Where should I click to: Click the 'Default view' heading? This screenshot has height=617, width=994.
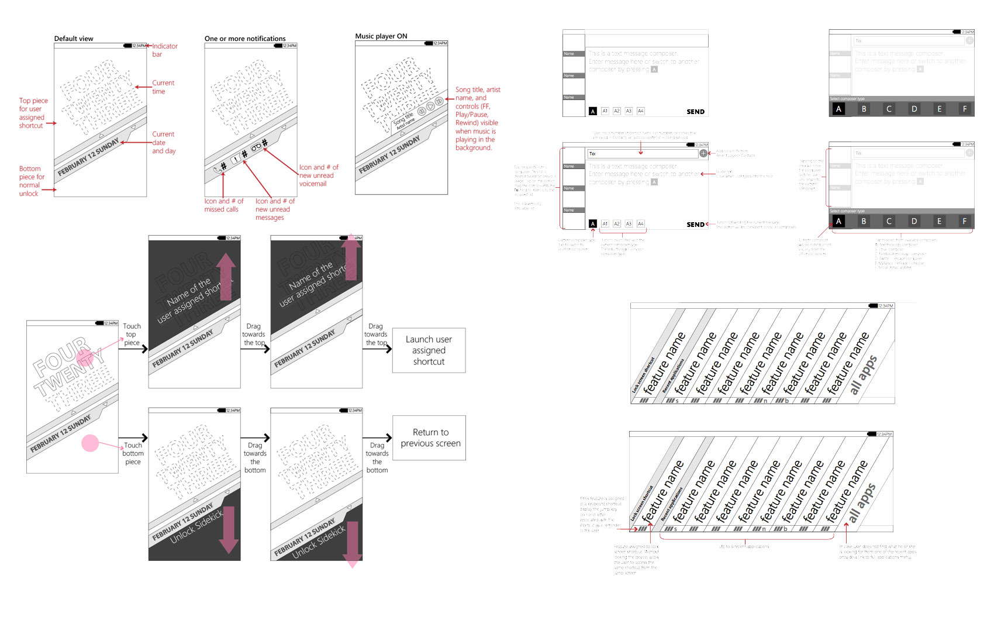pyautogui.click(x=74, y=39)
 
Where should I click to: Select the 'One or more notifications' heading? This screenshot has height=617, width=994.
pyautogui.click(x=245, y=39)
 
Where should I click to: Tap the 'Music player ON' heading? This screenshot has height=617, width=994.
pyautogui.click(x=381, y=36)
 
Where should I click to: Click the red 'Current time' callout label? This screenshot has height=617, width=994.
pyautogui.click(x=163, y=87)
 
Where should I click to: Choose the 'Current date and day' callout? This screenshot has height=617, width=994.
pyautogui.click(x=163, y=142)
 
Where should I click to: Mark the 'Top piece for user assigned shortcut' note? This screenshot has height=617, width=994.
pyautogui.click(x=33, y=113)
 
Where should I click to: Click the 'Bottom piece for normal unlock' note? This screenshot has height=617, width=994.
pyautogui.click(x=31, y=181)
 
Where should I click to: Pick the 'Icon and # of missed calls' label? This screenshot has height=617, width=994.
pyautogui.click(x=223, y=205)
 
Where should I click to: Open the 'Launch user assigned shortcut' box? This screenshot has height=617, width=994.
pyautogui.click(x=429, y=350)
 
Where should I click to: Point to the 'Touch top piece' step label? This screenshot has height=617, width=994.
pyautogui.click(x=132, y=335)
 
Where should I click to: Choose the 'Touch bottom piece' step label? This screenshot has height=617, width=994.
pyautogui.click(x=133, y=453)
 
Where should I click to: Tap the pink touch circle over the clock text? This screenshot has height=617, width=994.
pyautogui.click(x=84, y=356)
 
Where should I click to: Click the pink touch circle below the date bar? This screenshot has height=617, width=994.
pyautogui.click(x=90, y=443)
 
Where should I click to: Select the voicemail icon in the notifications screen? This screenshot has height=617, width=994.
pyautogui.click(x=256, y=148)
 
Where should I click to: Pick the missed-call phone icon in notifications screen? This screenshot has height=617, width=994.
pyautogui.click(x=218, y=170)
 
